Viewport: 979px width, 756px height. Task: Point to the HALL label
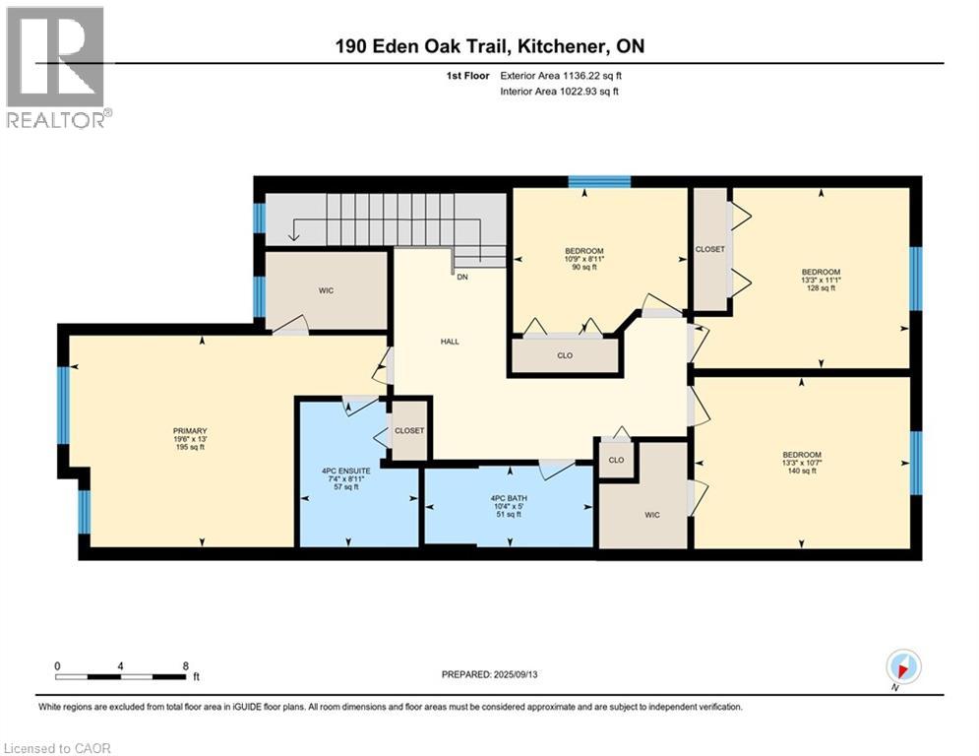coord(450,342)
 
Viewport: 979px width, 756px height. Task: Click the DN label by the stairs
coord(462,277)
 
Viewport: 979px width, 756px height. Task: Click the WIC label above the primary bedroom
coord(326,290)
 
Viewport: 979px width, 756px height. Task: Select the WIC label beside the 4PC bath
coord(651,515)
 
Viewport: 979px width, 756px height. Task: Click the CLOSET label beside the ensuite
coord(409,430)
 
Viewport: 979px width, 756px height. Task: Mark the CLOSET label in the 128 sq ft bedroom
coord(710,249)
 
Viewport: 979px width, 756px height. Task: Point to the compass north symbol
coord(903,667)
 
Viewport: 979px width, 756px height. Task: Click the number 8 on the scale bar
coord(185,666)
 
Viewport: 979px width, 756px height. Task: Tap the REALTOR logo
coord(57,68)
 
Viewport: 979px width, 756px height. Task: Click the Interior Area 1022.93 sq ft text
coord(560,92)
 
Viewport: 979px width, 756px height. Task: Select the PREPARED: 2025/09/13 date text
coord(490,674)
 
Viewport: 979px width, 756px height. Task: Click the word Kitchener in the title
coord(562,46)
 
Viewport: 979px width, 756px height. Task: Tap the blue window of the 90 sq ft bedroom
coord(599,182)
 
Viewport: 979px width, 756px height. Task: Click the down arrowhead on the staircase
coord(293,236)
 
